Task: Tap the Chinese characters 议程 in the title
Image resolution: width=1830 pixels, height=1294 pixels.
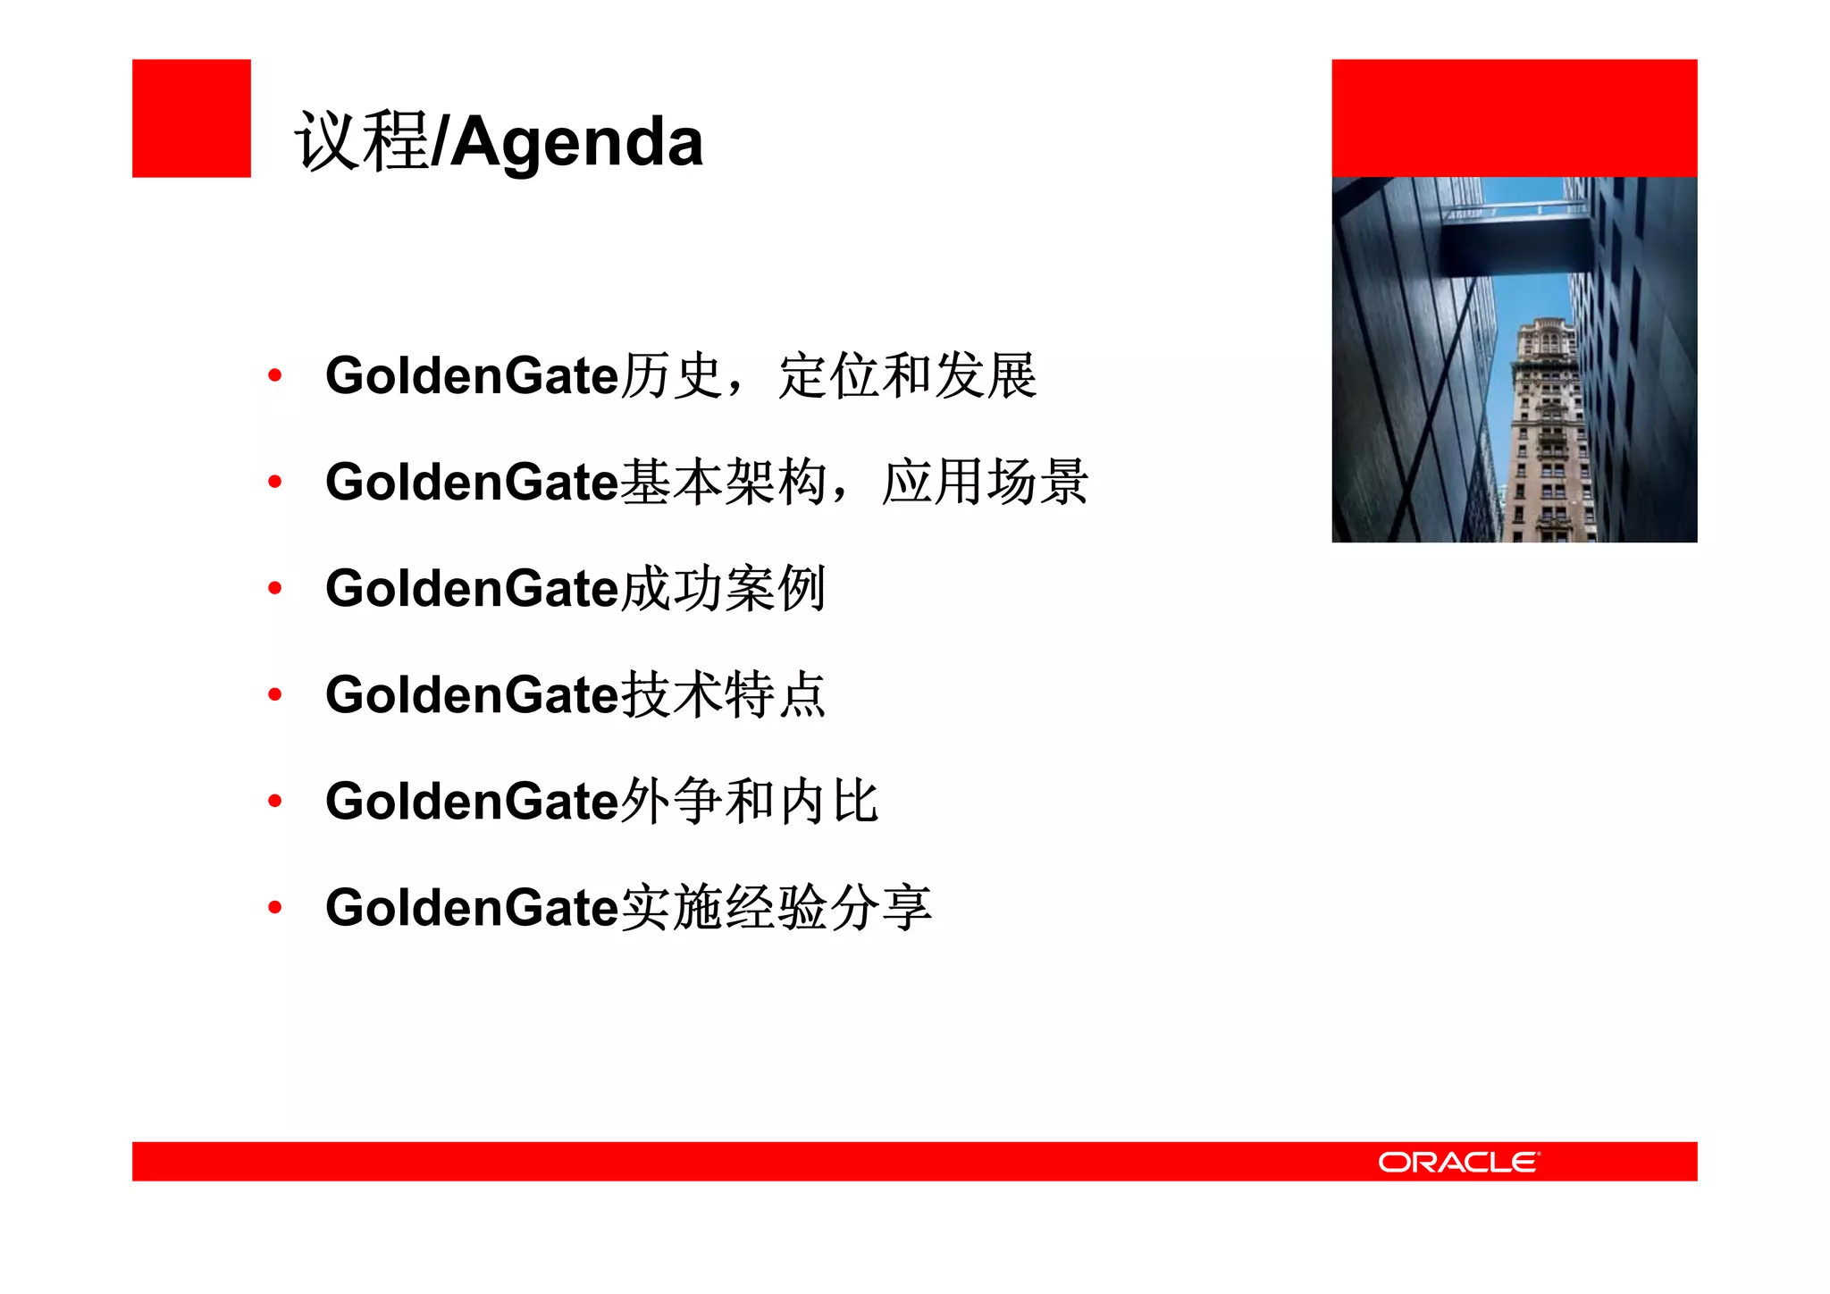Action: [362, 141]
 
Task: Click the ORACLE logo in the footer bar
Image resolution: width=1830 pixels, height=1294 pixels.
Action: [1458, 1162]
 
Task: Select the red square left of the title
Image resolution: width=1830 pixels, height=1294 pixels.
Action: [191, 118]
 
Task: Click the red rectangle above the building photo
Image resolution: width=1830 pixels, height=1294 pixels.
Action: [1514, 118]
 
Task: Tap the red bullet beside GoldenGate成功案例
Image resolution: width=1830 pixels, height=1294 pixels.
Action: [275, 588]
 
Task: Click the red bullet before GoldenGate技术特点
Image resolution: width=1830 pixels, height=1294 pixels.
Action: [275, 694]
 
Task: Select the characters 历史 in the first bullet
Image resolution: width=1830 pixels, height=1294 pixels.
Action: [671, 375]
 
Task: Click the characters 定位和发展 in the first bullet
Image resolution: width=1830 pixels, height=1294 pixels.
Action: [907, 375]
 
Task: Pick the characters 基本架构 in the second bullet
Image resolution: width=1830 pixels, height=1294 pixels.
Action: [724, 482]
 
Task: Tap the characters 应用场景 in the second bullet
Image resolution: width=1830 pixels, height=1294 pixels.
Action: [985, 482]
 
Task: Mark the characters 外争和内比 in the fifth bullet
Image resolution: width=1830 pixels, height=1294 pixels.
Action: [750, 801]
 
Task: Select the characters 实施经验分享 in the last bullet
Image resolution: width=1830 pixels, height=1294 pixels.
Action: [776, 908]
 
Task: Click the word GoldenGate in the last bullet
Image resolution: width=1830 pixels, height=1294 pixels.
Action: [472, 908]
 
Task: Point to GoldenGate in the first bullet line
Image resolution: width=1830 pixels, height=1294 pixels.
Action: [472, 375]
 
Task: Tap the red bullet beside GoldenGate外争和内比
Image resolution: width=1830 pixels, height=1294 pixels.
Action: [275, 801]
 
